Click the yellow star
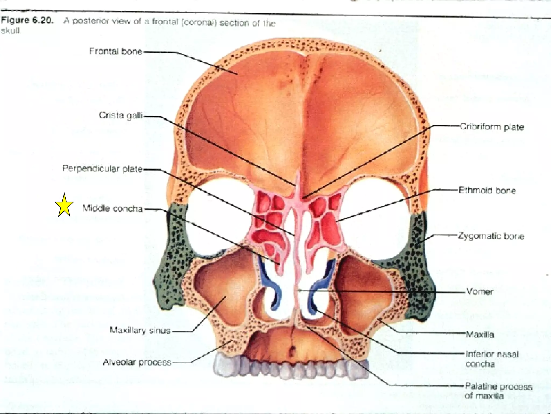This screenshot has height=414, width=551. (64, 205)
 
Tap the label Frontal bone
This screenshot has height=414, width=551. (115, 51)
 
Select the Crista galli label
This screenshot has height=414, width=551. (121, 115)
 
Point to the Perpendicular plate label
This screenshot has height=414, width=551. (103, 169)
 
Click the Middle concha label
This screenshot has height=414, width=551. (112, 208)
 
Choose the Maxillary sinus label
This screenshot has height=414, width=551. (140, 330)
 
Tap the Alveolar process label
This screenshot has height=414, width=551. (137, 362)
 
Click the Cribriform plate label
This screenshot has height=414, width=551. (492, 127)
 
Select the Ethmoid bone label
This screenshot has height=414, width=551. (487, 190)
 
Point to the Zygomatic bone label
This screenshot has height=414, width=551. (491, 236)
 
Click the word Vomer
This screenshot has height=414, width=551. (480, 291)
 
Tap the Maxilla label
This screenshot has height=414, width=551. (480, 334)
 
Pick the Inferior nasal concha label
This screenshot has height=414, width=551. (492, 359)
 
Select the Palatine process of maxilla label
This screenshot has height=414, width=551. (499, 391)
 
